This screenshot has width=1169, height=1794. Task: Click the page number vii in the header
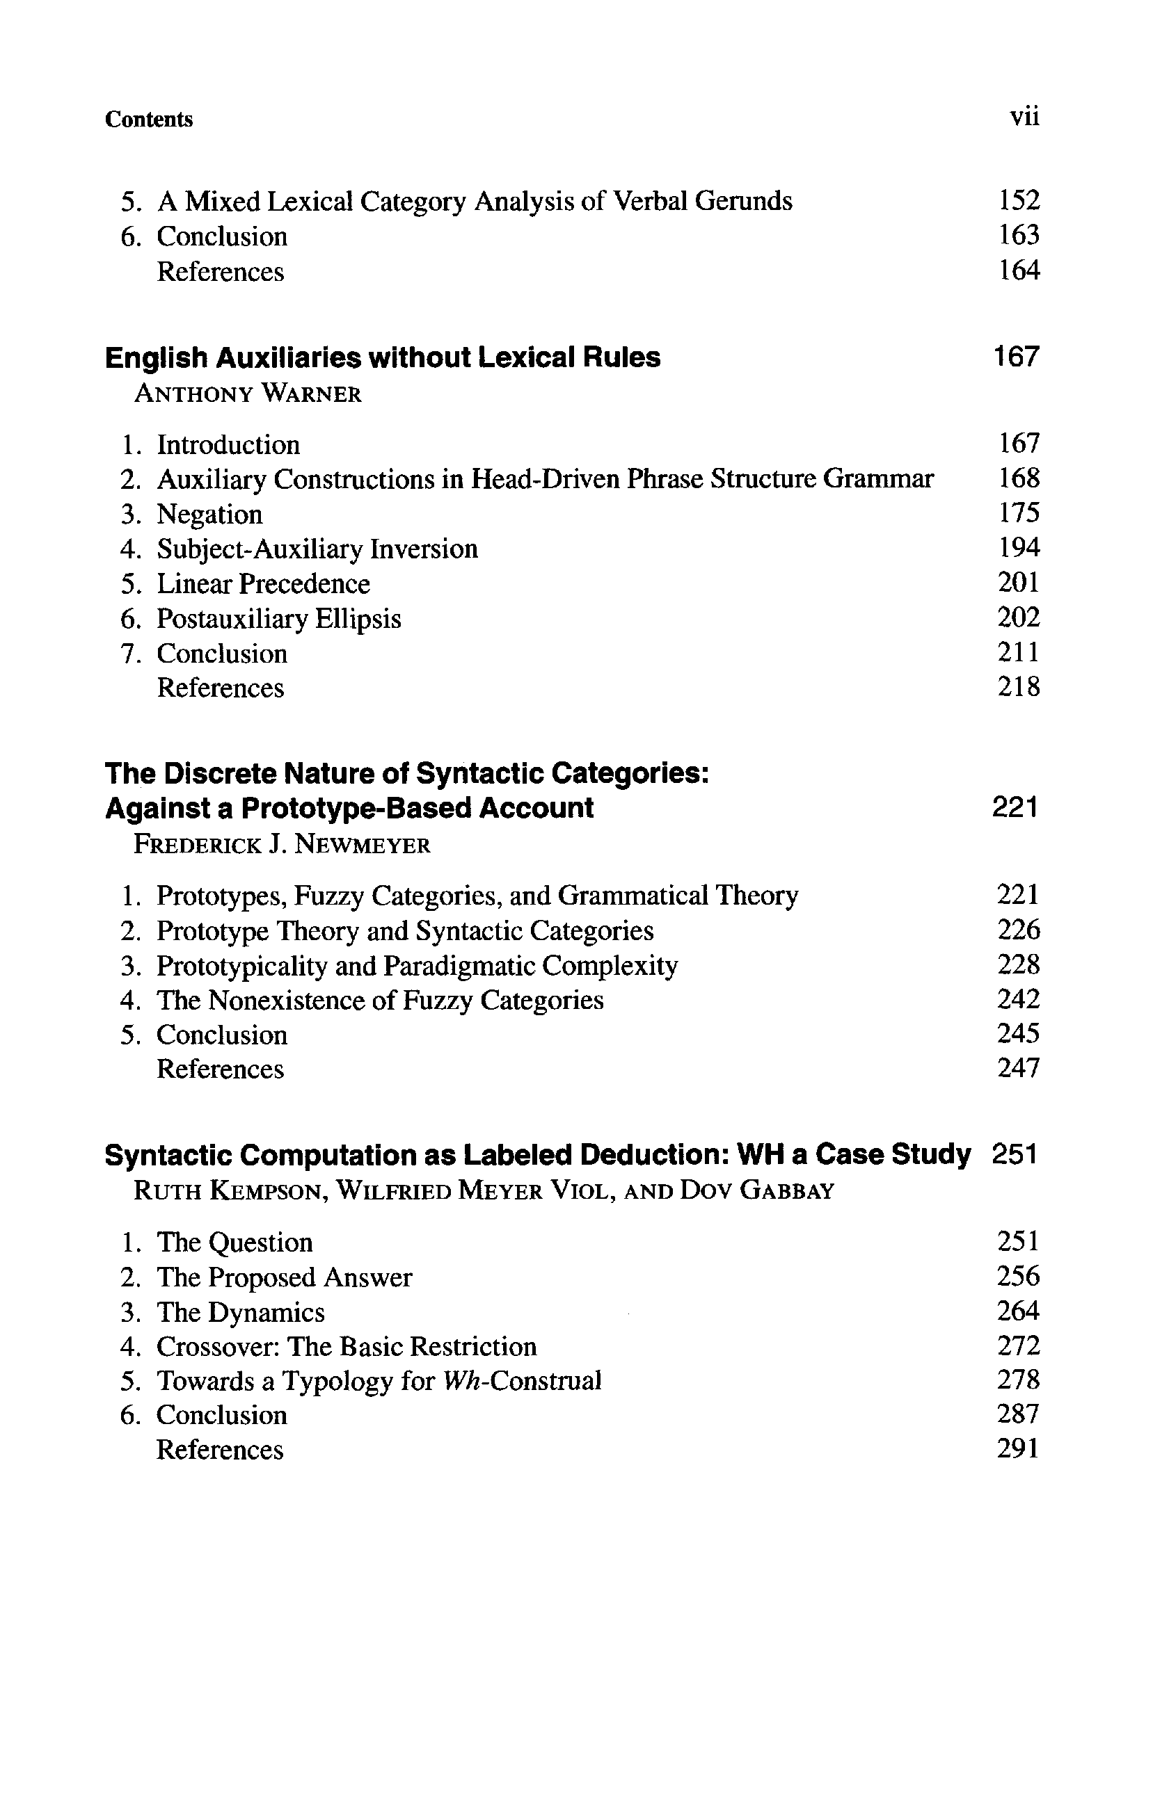(1024, 118)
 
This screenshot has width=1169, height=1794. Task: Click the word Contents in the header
(149, 119)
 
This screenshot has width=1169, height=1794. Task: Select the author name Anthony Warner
(248, 394)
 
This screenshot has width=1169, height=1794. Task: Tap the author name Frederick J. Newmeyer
(281, 844)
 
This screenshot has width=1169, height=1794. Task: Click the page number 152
(1018, 200)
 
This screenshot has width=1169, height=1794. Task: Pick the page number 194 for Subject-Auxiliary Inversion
(1018, 548)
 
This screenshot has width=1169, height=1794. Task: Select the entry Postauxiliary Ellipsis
(278, 619)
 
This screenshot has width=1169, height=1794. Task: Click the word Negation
(209, 514)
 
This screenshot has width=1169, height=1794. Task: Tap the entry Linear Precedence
(263, 583)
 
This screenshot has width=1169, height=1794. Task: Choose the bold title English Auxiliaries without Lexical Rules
(383, 357)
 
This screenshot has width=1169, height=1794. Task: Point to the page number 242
(1018, 999)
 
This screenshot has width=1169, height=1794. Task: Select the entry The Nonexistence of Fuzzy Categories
(379, 1001)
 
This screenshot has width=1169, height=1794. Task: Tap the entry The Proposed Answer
(284, 1277)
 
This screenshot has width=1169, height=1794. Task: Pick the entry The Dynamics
(240, 1312)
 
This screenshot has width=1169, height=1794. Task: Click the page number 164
(1018, 270)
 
